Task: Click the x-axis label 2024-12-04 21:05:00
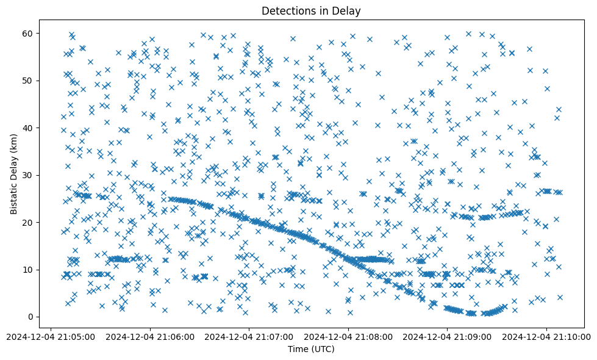click(x=51, y=336)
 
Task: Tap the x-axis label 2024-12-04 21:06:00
click(x=150, y=336)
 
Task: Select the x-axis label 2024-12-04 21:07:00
click(x=249, y=336)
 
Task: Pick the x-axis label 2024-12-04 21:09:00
click(x=448, y=336)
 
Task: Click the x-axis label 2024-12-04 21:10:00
click(x=546, y=336)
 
